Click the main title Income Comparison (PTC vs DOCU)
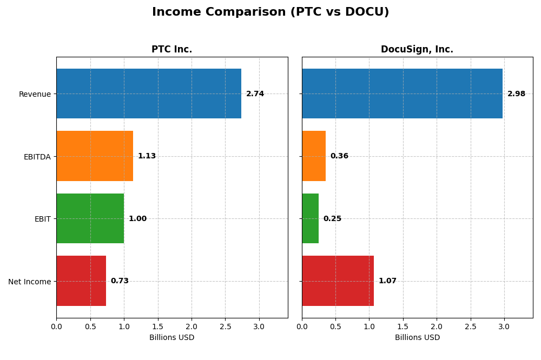pyautogui.click(x=270, y=12)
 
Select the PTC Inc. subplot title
pyautogui.click(x=171, y=49)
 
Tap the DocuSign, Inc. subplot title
pyautogui.click(x=417, y=49)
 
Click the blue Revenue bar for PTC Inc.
pyautogui.click(x=149, y=94)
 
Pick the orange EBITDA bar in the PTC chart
pyautogui.click(x=95, y=156)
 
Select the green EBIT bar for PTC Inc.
pyautogui.click(x=90, y=218)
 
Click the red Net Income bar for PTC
pyautogui.click(x=81, y=281)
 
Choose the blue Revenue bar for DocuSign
pyautogui.click(x=402, y=94)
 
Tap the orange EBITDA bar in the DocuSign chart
pyautogui.click(x=314, y=156)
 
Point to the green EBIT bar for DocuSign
pyautogui.click(x=310, y=218)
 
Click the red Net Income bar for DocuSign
pyautogui.click(x=338, y=281)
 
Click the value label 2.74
pyautogui.click(x=255, y=94)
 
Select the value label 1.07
pyautogui.click(x=387, y=281)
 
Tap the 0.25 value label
pyautogui.click(x=332, y=219)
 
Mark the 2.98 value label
pyautogui.click(x=516, y=94)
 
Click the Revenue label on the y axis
pyautogui.click(x=35, y=94)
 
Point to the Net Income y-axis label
pyautogui.click(x=29, y=282)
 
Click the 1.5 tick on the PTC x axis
pyautogui.click(x=157, y=326)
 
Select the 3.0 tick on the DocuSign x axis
pyautogui.click(x=504, y=326)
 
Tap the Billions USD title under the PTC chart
pyautogui.click(x=171, y=337)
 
